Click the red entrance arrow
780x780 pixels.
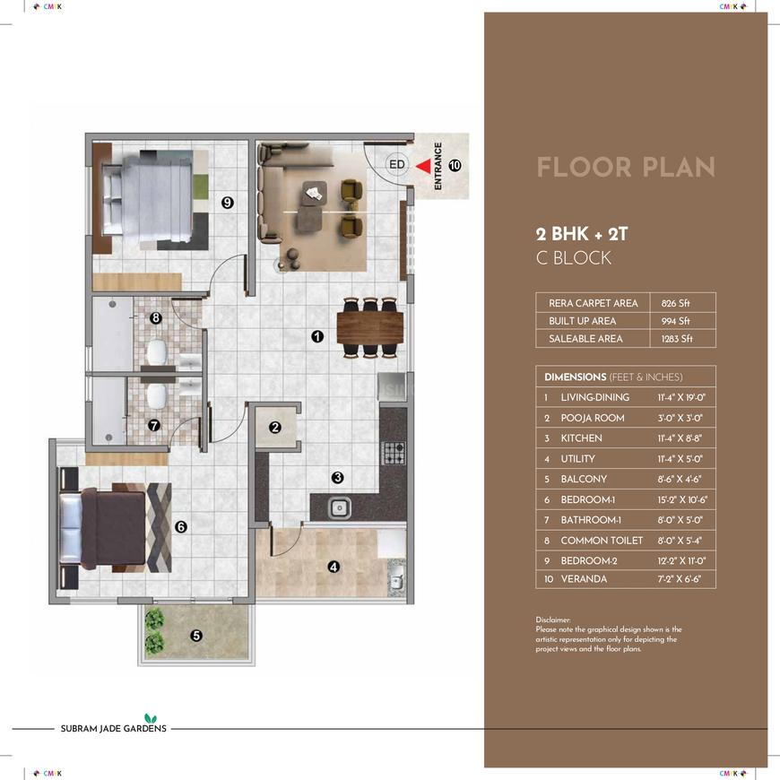click(424, 166)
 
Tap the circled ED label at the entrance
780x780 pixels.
click(397, 164)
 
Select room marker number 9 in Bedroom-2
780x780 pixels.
click(228, 203)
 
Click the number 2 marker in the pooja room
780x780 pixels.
click(275, 428)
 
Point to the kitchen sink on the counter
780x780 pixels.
click(340, 507)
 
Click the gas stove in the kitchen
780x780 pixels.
click(393, 453)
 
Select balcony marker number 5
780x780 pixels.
click(196, 636)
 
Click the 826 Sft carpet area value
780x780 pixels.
click(675, 303)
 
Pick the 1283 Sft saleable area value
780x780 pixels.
click(677, 339)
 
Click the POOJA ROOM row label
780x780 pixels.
click(593, 418)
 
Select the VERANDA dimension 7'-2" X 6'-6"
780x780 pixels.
click(679, 579)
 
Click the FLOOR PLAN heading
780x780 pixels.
click(626, 167)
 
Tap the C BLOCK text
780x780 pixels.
click(574, 257)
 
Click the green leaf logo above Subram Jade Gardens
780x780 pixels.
click(151, 718)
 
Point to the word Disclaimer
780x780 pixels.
click(553, 620)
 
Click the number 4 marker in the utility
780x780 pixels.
click(334, 567)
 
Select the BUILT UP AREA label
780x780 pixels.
click(583, 321)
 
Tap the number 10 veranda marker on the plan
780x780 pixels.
click(455, 165)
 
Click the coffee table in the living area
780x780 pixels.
click(315, 193)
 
